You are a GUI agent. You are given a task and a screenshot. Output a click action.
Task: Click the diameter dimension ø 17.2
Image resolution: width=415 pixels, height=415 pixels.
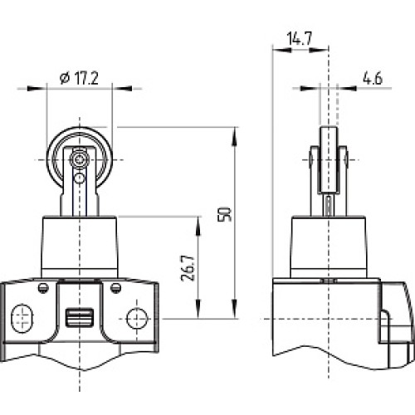click(x=79, y=78)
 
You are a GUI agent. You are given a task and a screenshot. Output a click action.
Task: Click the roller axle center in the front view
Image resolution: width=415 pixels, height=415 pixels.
click(x=79, y=158)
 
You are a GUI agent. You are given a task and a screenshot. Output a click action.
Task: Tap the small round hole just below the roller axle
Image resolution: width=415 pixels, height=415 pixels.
click(x=79, y=177)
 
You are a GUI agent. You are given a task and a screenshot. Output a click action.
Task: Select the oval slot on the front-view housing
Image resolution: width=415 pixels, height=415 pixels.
click(x=22, y=316)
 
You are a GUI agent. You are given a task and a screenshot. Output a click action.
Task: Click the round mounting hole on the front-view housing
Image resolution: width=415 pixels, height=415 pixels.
click(x=137, y=316)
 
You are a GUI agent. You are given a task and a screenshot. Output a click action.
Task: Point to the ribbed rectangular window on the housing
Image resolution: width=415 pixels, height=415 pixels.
click(x=79, y=316)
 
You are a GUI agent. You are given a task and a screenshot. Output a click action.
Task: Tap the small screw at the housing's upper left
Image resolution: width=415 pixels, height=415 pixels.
click(x=42, y=287)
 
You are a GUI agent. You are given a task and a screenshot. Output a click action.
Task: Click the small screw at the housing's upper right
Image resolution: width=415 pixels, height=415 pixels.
click(x=115, y=287)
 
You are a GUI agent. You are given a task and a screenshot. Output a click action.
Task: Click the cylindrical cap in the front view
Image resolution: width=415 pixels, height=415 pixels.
click(x=79, y=245)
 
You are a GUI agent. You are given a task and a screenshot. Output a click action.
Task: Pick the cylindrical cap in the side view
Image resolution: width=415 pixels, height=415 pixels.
click(x=330, y=245)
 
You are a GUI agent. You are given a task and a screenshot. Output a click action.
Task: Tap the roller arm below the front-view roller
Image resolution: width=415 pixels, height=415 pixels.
click(x=79, y=199)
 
